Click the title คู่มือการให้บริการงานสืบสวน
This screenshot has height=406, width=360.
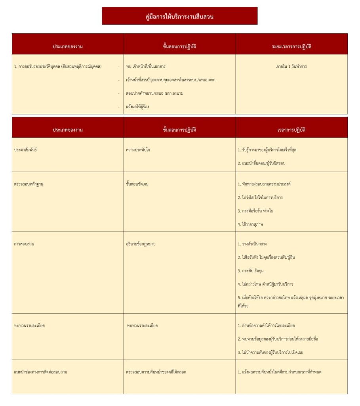click(x=179, y=17)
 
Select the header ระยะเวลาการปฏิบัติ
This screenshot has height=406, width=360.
click(x=291, y=46)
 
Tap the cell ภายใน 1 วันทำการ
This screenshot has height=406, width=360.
click(x=291, y=67)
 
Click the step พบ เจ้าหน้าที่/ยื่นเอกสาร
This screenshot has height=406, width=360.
click(x=145, y=67)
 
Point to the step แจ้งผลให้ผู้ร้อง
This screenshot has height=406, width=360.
click(x=137, y=107)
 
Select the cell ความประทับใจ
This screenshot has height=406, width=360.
click(x=138, y=150)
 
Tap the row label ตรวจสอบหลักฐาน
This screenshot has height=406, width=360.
click(x=29, y=184)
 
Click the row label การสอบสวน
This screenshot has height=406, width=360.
click(x=24, y=244)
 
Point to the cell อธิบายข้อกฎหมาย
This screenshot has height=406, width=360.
click(x=141, y=244)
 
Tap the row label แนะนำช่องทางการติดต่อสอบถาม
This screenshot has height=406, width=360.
click(x=40, y=372)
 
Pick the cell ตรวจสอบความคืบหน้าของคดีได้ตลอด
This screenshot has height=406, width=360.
click(x=156, y=372)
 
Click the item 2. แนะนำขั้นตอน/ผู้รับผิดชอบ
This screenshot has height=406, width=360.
click(x=262, y=163)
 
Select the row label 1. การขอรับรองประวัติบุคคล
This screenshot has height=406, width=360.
click(x=58, y=67)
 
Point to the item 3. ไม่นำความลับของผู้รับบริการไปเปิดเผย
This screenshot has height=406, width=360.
click(x=276, y=352)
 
